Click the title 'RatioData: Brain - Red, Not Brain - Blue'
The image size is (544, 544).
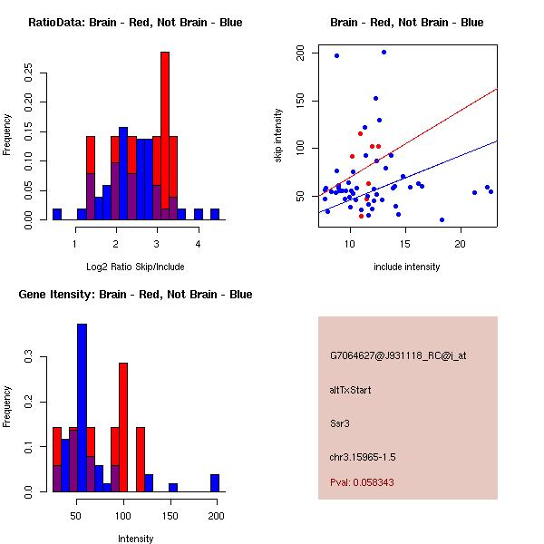[x=135, y=23]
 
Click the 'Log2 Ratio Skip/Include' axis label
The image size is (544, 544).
[x=134, y=267]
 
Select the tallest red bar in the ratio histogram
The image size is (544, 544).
[x=165, y=136]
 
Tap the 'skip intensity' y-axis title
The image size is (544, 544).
[x=279, y=135]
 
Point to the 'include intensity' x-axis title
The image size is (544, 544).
[x=407, y=267]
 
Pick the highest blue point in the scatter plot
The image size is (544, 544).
[x=384, y=53]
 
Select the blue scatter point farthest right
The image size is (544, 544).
[x=491, y=191]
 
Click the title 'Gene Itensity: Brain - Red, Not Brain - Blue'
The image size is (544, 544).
[x=135, y=295]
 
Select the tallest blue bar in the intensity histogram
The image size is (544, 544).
[x=83, y=408]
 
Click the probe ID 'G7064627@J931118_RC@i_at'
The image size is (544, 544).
[x=398, y=356]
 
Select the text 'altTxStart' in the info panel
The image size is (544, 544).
[x=351, y=390]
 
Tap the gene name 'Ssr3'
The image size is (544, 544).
[x=340, y=423]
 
